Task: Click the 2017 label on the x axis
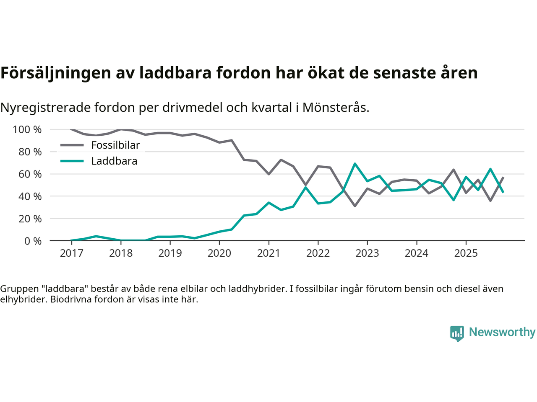point(71,253)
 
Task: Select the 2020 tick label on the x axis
point(219,253)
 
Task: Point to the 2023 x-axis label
point(367,253)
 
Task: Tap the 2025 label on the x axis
point(466,253)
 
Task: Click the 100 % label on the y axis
point(27,130)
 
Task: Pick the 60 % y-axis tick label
point(30,174)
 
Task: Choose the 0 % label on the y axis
point(32,241)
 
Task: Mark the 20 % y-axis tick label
point(30,219)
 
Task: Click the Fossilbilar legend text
point(115,145)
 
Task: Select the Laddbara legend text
point(114,161)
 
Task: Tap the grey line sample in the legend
point(72,145)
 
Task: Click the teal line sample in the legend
point(72,161)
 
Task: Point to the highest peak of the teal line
point(355,164)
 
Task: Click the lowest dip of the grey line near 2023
point(355,206)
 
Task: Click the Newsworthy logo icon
point(457,333)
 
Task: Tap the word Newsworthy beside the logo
point(502,332)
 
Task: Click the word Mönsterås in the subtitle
point(335,108)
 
